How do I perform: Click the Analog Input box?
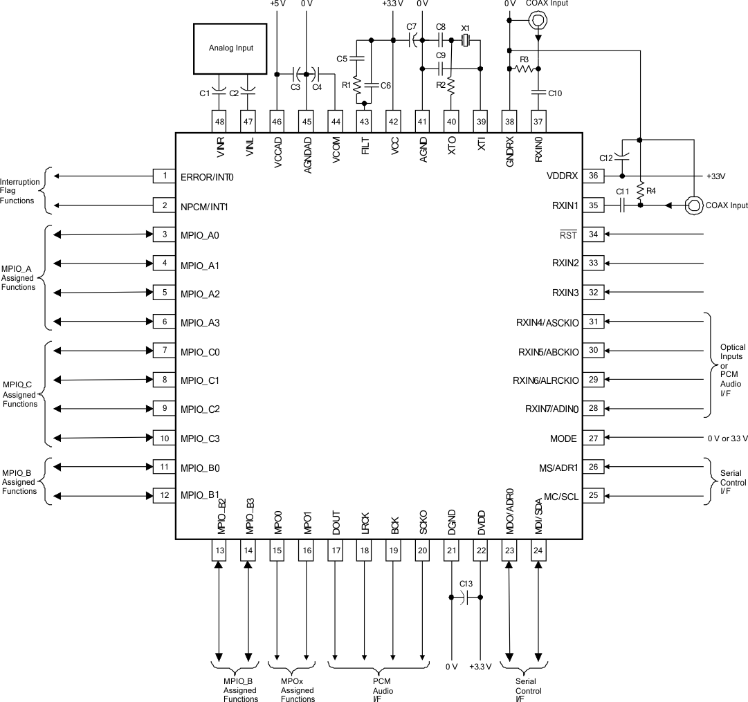(x=230, y=48)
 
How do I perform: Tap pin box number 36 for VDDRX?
(x=593, y=176)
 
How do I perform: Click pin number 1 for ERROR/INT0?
(x=164, y=176)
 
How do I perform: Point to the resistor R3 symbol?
(x=524, y=68)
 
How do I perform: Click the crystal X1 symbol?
(x=466, y=41)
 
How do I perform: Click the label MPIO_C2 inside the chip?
(x=200, y=409)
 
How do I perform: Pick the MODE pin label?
(x=564, y=438)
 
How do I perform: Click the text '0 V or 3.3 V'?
(x=726, y=438)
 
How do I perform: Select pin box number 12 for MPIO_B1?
(x=164, y=496)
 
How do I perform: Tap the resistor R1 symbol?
(x=357, y=86)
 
